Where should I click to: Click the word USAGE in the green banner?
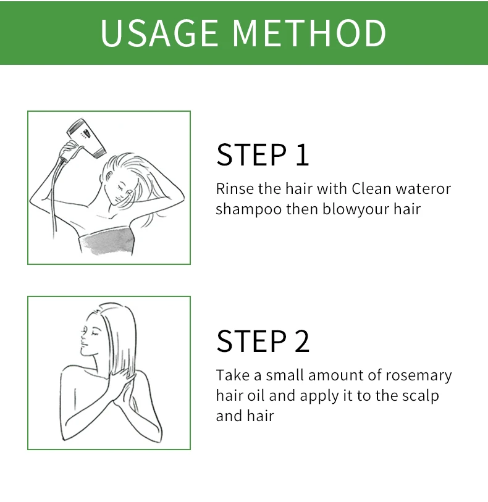click(x=159, y=33)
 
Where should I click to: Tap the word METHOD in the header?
click(x=309, y=33)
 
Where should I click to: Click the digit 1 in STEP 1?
click(x=303, y=155)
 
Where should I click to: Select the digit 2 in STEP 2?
click(x=302, y=341)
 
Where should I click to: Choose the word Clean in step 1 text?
click(x=371, y=188)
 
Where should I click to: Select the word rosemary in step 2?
click(x=419, y=376)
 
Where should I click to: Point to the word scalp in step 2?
click(x=421, y=396)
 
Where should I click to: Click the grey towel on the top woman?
click(x=107, y=241)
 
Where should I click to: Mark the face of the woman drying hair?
click(x=120, y=188)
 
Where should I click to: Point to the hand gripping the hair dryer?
click(x=68, y=151)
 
